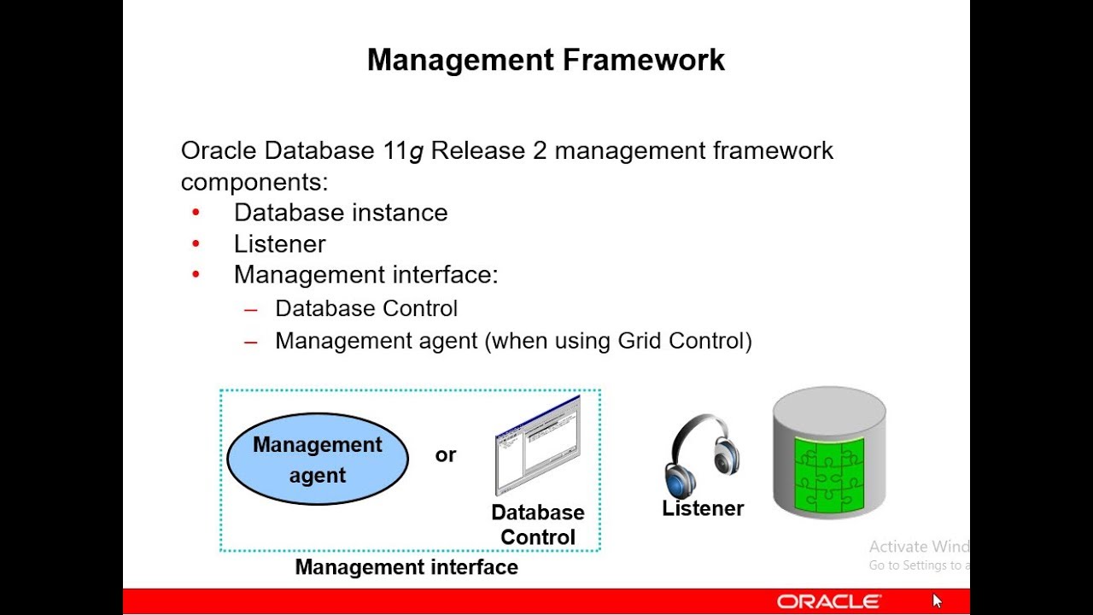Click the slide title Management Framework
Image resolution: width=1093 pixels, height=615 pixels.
[546, 61]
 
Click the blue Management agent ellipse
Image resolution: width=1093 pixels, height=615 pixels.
[318, 459]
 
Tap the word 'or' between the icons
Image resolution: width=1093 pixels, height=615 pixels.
[446, 455]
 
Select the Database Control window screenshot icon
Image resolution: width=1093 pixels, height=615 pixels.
[538, 445]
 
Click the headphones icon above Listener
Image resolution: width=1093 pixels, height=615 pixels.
[702, 455]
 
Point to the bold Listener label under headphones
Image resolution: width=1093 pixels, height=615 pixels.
[703, 508]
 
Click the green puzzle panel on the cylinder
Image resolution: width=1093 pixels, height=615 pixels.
[829, 474]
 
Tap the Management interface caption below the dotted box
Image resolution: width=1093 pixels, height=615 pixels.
[406, 567]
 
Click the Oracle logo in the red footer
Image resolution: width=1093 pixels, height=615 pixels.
[828, 602]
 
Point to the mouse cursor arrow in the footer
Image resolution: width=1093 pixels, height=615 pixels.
[937, 600]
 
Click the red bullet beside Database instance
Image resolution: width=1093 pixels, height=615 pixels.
[196, 213]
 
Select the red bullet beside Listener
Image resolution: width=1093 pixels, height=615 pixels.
[196, 243]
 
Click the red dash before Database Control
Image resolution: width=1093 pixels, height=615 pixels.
[251, 309]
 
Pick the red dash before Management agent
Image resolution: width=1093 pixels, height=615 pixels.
[251, 343]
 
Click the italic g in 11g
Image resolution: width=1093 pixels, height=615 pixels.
[416, 152]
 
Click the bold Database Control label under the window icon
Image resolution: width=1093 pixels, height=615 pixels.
[538, 524]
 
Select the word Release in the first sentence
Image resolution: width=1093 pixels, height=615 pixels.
[477, 149]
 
